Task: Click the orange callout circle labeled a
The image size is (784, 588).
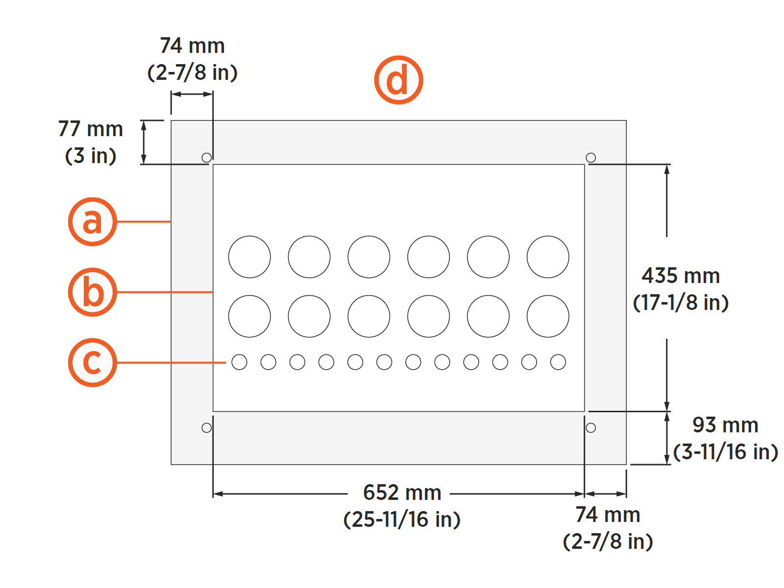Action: click(92, 222)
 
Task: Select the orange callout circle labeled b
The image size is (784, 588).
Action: click(92, 292)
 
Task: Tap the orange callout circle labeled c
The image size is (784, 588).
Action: click(92, 363)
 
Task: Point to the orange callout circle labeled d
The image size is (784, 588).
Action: click(398, 80)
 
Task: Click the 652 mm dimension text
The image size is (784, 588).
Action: click(402, 493)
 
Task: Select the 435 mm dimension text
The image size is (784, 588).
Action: click(681, 276)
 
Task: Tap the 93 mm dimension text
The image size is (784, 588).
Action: click(725, 425)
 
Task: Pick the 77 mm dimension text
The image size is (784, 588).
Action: click(91, 129)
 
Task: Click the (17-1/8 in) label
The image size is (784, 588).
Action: click(681, 303)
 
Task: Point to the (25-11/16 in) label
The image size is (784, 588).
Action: click(402, 519)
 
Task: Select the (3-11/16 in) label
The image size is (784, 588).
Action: click(726, 452)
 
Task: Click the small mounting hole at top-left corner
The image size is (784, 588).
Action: click(207, 158)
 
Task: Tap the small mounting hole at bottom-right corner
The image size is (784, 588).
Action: click(591, 428)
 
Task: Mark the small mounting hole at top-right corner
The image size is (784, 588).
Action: click(591, 158)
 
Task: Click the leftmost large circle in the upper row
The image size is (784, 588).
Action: click(249, 257)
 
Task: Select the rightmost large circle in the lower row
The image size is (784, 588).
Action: click(548, 316)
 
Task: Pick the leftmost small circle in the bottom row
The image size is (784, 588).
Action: click(239, 362)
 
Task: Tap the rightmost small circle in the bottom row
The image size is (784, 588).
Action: click(558, 362)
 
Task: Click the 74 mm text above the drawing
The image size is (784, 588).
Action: click(192, 46)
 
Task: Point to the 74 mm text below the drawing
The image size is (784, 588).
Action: click(608, 515)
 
